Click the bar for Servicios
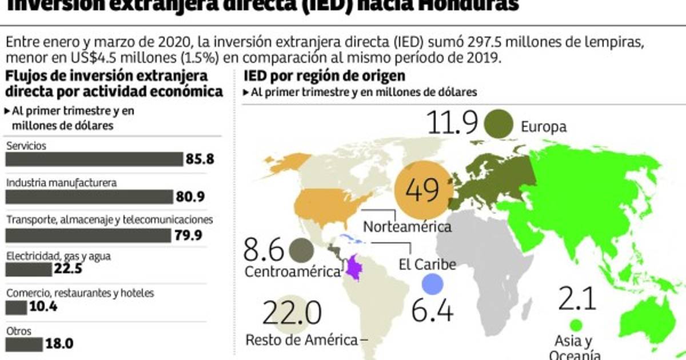tap(94, 159)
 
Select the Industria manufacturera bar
tap(89, 197)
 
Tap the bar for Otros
tap(23, 345)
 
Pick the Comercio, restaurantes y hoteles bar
tap(16, 307)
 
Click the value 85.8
tap(200, 159)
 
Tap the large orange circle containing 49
tap(424, 190)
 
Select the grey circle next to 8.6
tap(301, 250)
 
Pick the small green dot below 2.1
tap(576, 325)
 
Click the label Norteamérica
tap(408, 226)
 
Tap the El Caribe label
tap(427, 265)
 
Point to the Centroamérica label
tap(293, 272)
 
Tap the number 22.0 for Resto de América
tap(292, 313)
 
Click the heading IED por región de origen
tap(324, 76)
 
